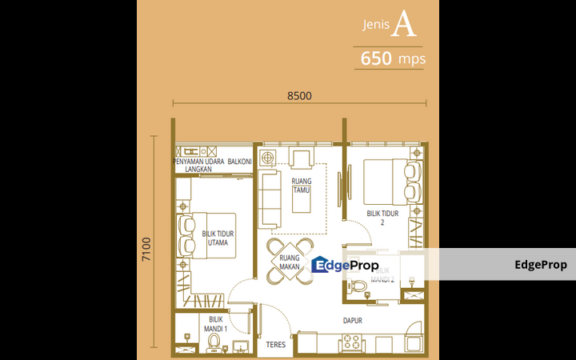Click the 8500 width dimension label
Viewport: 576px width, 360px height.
(300, 96)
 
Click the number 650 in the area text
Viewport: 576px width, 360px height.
(376, 58)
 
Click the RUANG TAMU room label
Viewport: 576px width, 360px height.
(302, 186)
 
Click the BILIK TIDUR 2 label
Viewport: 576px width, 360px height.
(382, 218)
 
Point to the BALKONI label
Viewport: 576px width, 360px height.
(239, 162)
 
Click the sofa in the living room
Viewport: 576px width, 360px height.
(270, 199)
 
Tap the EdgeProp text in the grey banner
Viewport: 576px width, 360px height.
(540, 265)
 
